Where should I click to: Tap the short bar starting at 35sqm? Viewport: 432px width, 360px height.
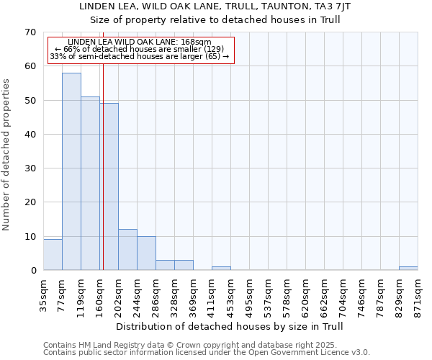point(53,255)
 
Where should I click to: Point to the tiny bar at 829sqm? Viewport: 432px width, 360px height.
point(408,269)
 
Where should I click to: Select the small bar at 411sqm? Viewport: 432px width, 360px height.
point(221,269)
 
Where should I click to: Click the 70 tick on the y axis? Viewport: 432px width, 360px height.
point(30,32)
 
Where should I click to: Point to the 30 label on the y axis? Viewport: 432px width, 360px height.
point(30,168)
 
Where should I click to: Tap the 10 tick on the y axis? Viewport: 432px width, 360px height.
point(30,237)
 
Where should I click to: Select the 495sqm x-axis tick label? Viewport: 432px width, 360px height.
point(249,294)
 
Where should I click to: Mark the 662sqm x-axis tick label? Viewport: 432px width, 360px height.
point(324,294)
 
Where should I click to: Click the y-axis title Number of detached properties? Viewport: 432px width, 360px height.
point(7,155)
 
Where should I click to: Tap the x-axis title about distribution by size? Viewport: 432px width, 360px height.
point(230,327)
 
